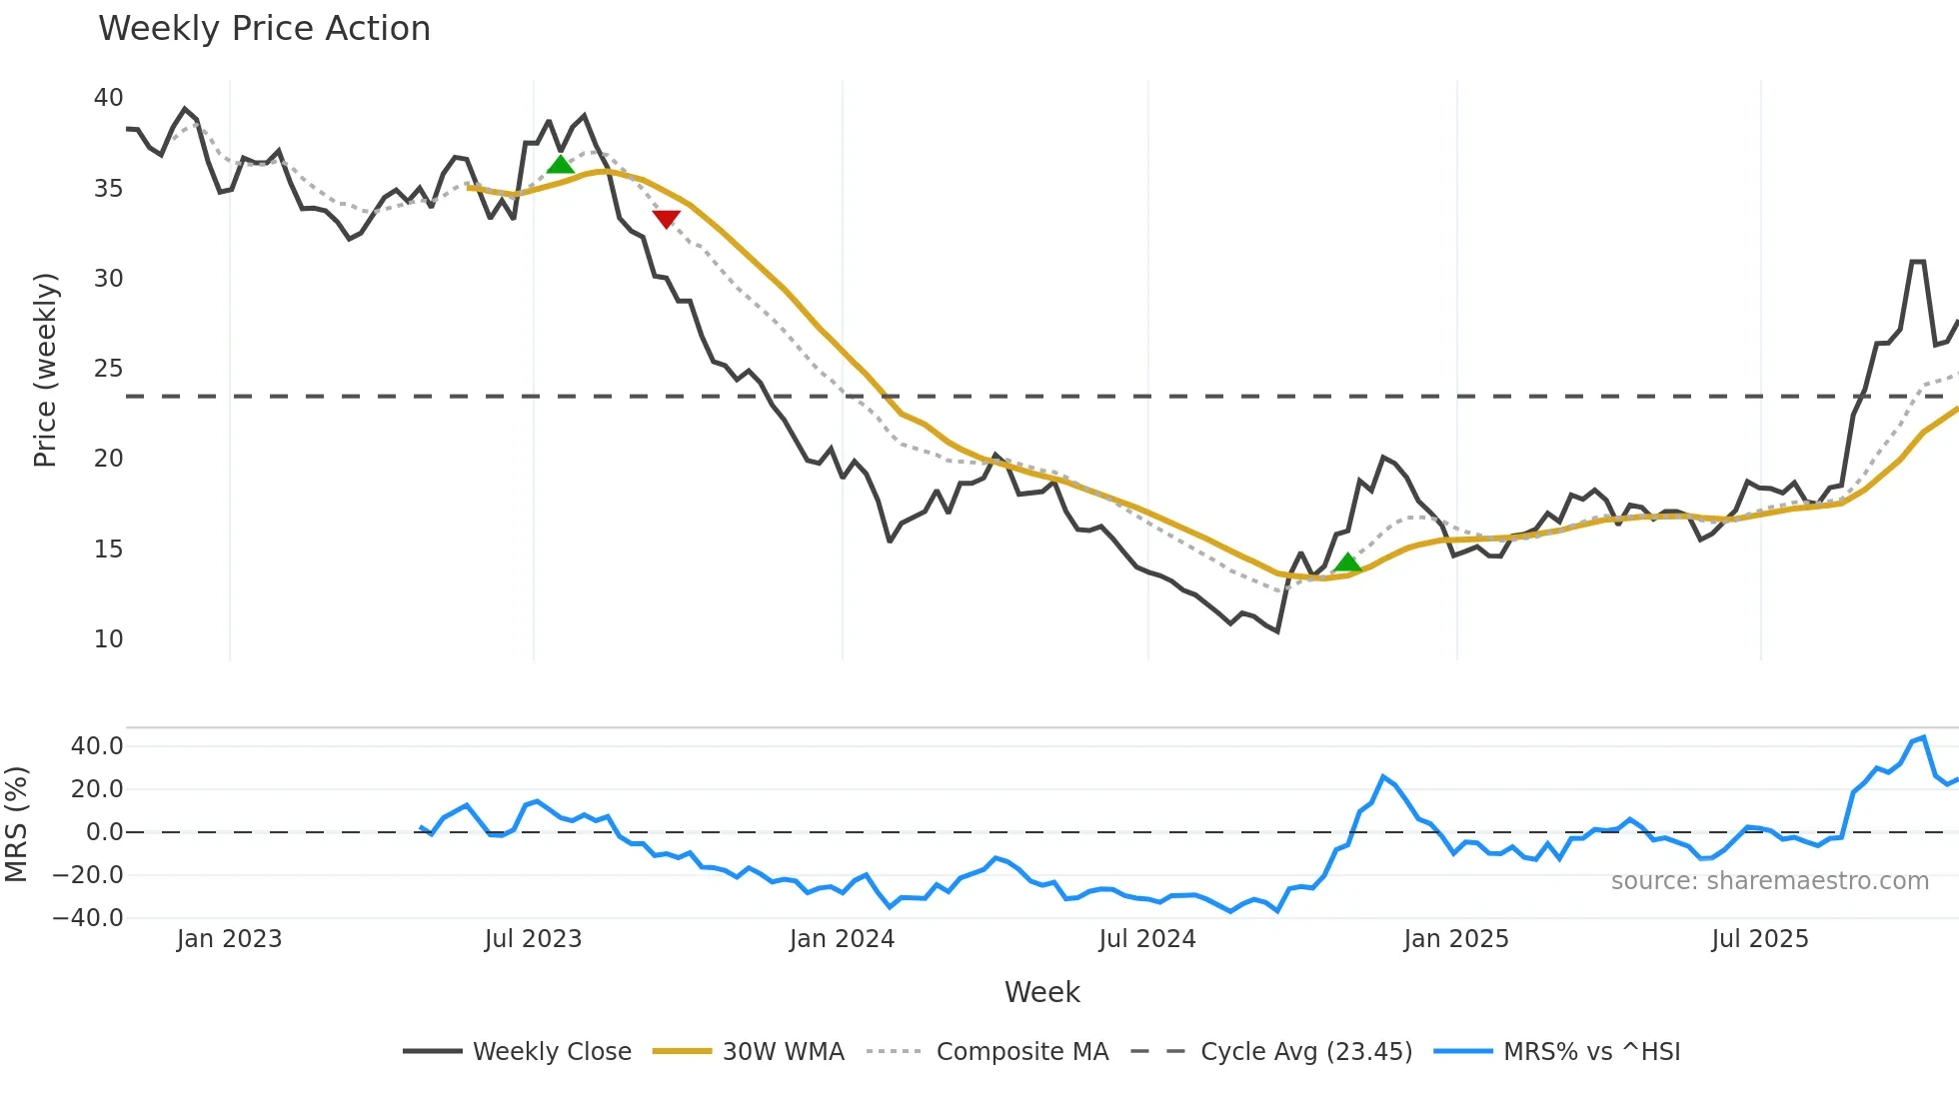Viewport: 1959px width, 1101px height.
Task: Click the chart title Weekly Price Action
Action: pos(264,29)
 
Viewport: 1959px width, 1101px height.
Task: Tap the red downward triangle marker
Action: pos(666,219)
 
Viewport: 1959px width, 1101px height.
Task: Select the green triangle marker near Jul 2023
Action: pos(560,164)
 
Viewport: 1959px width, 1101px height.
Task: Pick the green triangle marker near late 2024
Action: pos(1347,562)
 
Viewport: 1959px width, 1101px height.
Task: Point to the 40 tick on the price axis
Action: pos(108,98)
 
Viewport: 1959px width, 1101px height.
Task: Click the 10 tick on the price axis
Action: pos(108,639)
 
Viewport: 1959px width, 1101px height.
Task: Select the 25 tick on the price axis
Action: pos(108,369)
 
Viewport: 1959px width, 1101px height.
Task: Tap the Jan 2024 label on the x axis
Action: pos(842,939)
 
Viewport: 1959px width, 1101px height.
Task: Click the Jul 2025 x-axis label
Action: pos(1759,939)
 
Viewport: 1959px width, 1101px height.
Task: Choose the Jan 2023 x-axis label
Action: pos(229,939)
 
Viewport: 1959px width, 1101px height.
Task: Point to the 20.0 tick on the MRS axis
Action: pos(97,789)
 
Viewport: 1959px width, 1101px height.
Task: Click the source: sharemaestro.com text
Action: pos(1769,881)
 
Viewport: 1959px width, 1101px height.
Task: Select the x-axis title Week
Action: pos(1041,992)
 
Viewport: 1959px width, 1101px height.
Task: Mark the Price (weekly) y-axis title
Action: pos(45,370)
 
